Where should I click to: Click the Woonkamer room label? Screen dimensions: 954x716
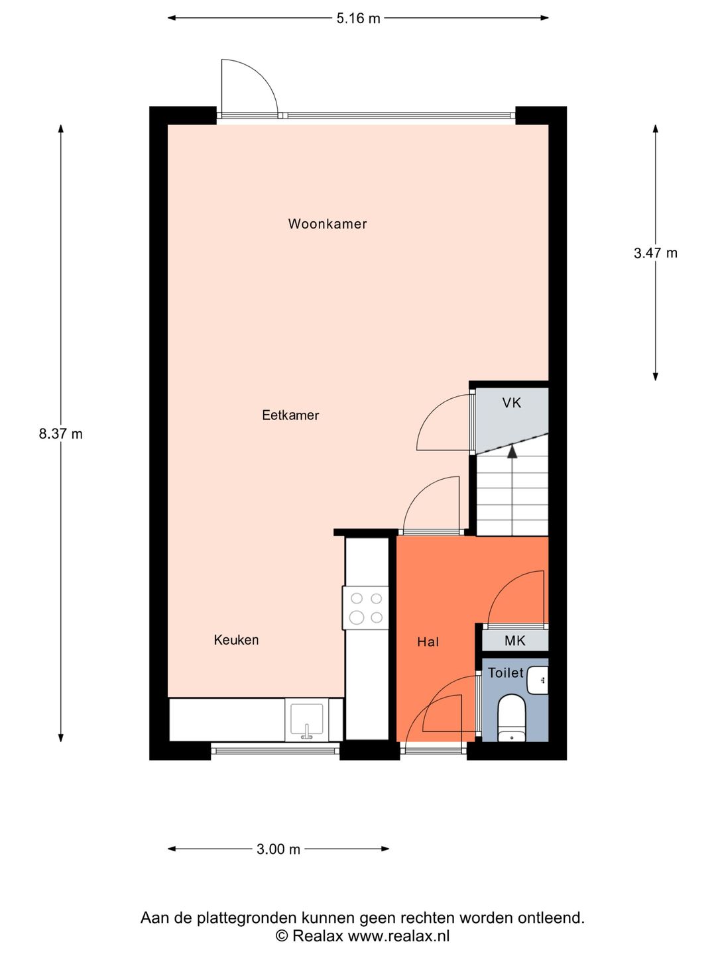pyautogui.click(x=327, y=224)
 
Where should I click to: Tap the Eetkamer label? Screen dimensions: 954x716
pyautogui.click(x=290, y=415)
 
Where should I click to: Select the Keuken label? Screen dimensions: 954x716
pyautogui.click(x=236, y=640)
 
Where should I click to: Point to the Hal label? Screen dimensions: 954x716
pyautogui.click(x=428, y=642)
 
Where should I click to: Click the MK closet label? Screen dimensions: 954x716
pyautogui.click(x=514, y=641)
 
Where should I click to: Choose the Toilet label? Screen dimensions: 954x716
pyautogui.click(x=505, y=673)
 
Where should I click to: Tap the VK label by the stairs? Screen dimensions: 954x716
pyautogui.click(x=511, y=402)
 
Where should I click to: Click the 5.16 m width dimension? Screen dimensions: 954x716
pyautogui.click(x=358, y=19)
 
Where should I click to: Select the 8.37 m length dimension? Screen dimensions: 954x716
pyautogui.click(x=60, y=434)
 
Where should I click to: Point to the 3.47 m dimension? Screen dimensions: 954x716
pyautogui.click(x=655, y=252)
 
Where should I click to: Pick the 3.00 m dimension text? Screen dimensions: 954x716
pyautogui.click(x=278, y=849)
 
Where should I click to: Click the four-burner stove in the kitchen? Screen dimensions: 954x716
pyautogui.click(x=366, y=608)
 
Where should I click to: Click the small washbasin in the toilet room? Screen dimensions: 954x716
pyautogui.click(x=539, y=680)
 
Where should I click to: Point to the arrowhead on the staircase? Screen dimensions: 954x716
pyautogui.click(x=512, y=452)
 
